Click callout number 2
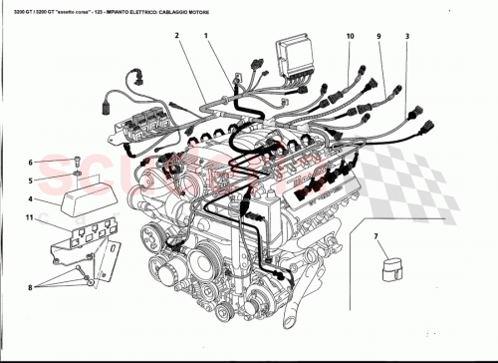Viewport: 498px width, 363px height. coord(175,36)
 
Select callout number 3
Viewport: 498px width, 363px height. coord(406,36)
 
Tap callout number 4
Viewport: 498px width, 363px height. coord(31,198)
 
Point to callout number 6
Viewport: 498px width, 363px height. coord(31,162)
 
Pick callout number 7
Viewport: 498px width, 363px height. coord(375,238)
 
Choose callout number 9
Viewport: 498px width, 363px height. coord(378,36)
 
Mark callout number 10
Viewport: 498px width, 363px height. coord(350,36)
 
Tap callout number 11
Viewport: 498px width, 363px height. coord(31,217)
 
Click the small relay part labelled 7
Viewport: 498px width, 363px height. coord(392,267)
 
